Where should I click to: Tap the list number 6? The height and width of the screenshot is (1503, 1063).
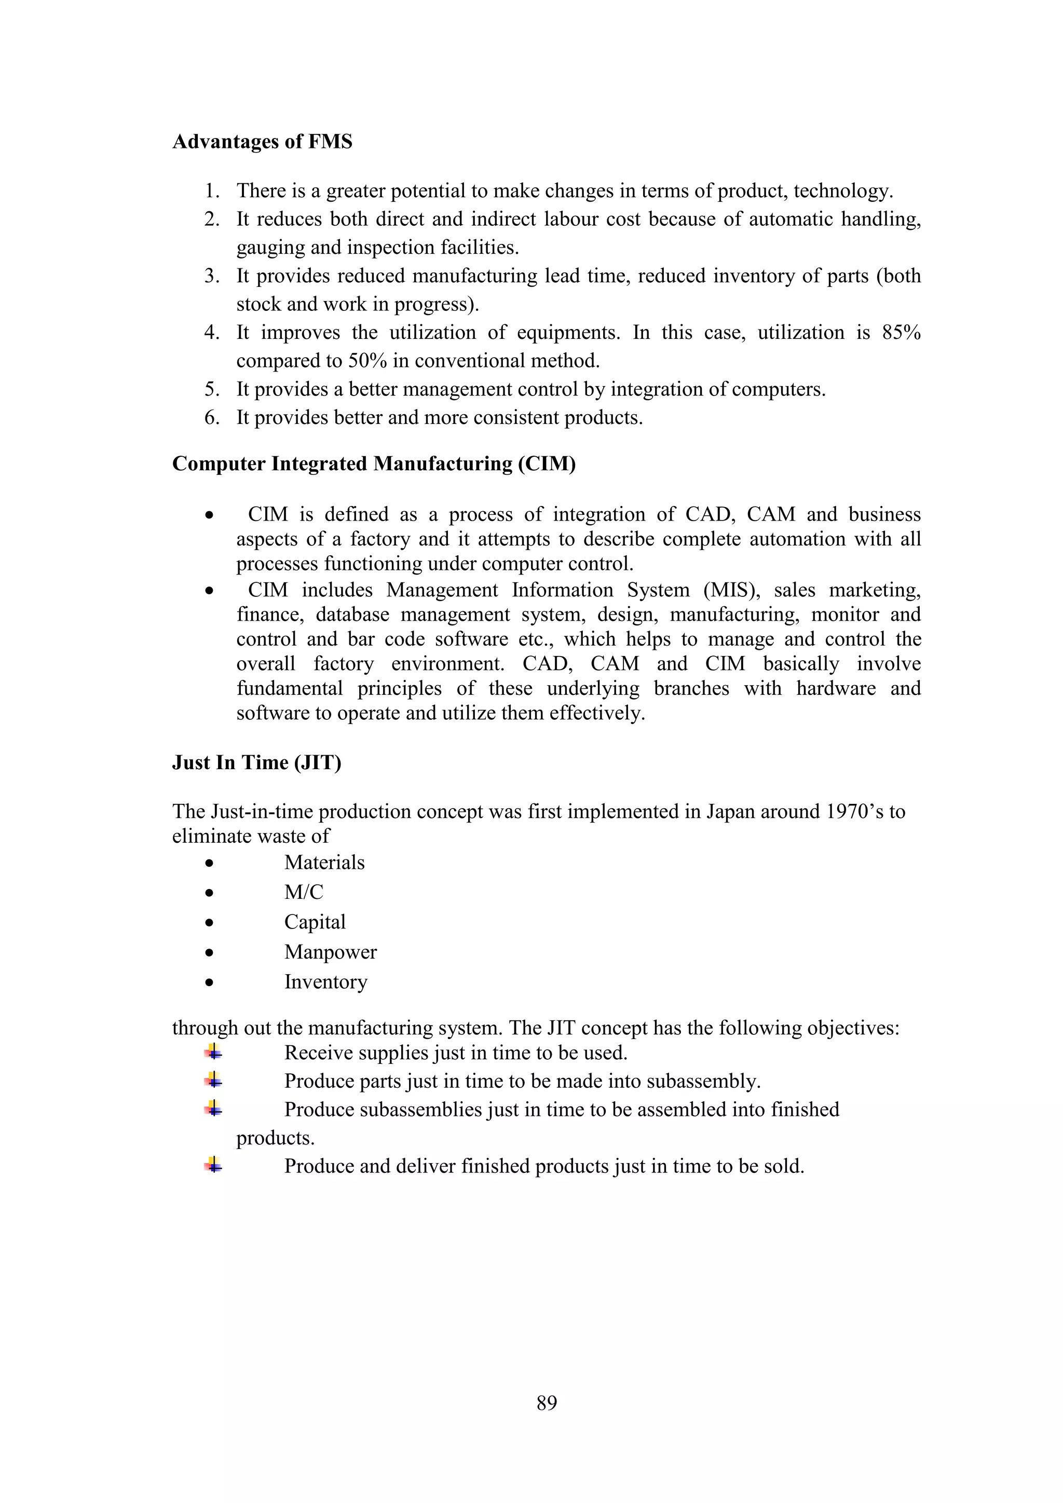pos(211,418)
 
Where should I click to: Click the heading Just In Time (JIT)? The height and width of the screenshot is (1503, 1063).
pos(256,762)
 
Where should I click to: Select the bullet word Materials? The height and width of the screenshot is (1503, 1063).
pos(324,863)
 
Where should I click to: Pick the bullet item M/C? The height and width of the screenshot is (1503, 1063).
pos(304,892)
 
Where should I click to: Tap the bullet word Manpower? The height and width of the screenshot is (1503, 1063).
pos(330,952)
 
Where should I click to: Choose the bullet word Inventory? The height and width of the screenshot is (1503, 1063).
pos(325,982)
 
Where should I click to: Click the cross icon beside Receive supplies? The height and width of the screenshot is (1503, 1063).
pos(213,1052)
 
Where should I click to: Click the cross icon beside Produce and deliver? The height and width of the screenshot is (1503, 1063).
pos(213,1165)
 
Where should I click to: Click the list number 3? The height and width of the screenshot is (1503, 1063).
pos(211,276)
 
